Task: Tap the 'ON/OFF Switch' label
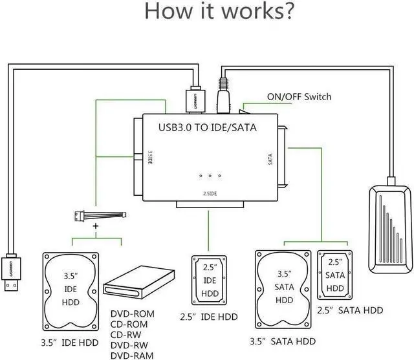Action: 299,97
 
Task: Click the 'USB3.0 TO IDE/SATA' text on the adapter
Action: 208,127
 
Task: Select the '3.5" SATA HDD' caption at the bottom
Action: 283,341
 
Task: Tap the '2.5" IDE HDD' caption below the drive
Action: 209,317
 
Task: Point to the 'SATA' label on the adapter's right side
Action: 270,158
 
